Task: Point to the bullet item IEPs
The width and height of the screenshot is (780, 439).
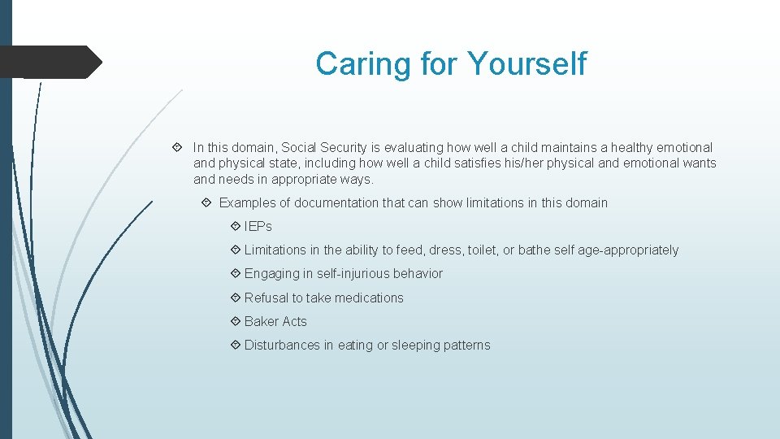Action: [258, 227]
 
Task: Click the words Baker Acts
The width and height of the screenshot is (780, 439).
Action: [275, 322]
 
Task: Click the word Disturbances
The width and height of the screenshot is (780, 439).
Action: [282, 346]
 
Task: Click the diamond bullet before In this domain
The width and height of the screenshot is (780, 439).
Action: [177, 148]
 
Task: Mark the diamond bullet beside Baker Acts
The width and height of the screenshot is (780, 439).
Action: [235, 322]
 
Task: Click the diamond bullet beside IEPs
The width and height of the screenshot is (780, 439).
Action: [235, 227]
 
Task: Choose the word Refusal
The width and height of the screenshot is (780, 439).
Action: [266, 298]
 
